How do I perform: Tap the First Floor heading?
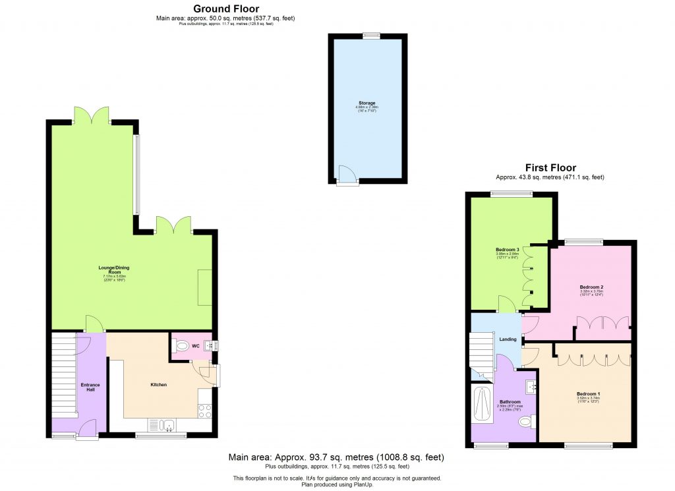(550, 168)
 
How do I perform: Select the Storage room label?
(367, 103)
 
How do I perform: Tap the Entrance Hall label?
(90, 387)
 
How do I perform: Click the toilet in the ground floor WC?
(183, 345)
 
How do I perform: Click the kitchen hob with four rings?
(204, 411)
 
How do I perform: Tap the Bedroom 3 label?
(508, 250)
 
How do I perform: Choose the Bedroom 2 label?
(591, 287)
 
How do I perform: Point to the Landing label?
(508, 339)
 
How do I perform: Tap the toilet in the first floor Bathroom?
(528, 420)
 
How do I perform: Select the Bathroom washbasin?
(531, 386)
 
